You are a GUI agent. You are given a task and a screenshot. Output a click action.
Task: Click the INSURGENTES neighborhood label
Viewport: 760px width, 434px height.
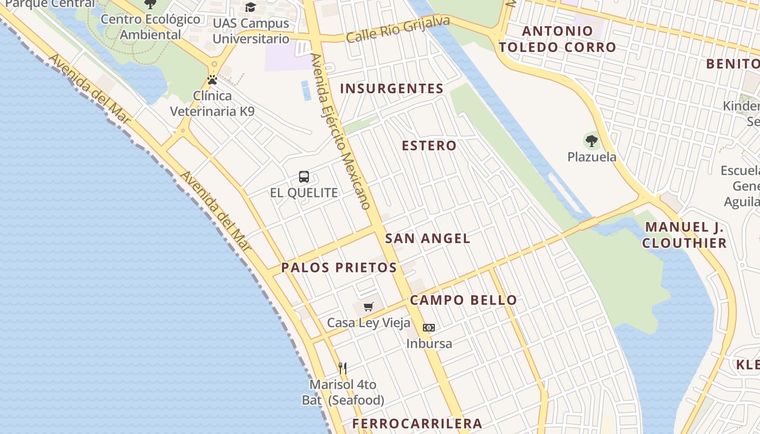392,88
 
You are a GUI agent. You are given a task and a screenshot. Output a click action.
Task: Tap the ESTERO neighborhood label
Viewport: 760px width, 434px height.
429,145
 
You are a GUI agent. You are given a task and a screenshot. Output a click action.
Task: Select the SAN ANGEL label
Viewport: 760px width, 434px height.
428,238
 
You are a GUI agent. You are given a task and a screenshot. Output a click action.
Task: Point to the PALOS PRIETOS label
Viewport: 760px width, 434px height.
339,267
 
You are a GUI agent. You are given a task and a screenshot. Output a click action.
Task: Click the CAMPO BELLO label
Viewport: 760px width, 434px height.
464,300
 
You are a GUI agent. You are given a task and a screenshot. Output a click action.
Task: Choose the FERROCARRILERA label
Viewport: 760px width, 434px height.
417,424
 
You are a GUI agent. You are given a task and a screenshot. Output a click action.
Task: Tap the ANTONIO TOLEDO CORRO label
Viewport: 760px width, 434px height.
558,39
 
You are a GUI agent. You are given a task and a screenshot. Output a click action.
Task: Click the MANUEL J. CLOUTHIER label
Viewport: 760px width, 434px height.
685,235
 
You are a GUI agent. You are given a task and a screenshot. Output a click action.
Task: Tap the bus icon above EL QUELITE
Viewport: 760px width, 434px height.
304,177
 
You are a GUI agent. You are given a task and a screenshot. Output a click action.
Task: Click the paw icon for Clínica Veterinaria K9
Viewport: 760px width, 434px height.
212,80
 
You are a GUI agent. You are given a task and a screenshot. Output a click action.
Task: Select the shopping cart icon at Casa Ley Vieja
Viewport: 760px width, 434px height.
369,307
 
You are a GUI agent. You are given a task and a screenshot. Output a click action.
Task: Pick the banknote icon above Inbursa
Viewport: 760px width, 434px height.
429,328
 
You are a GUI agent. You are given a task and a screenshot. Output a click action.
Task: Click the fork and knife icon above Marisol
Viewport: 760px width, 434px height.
343,368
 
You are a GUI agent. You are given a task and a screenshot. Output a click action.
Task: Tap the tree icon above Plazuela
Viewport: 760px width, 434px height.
592,141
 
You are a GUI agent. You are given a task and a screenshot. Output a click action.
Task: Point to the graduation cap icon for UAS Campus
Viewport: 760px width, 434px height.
250,7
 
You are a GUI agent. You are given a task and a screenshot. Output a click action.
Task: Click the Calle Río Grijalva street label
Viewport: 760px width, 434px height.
398,29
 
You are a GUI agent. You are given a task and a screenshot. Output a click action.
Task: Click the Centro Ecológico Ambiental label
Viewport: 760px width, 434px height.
150,27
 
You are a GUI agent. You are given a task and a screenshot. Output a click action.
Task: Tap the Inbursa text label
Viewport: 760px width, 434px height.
429,343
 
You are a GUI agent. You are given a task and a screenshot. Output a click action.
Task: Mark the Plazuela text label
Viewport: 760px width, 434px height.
592,157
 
